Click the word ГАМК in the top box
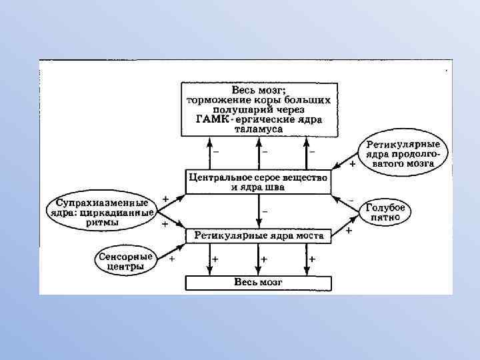pyautogui.click(x=212, y=119)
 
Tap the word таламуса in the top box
pyautogui.click(x=258, y=129)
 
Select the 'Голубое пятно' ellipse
pyautogui.click(x=386, y=213)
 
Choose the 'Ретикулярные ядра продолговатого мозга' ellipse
pyautogui.click(x=405, y=152)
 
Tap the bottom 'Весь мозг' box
pyautogui.click(x=258, y=282)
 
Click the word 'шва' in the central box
pyautogui.click(x=275, y=187)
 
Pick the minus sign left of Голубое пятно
pyautogui.click(x=351, y=199)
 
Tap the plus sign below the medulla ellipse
pyautogui.click(x=352, y=164)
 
